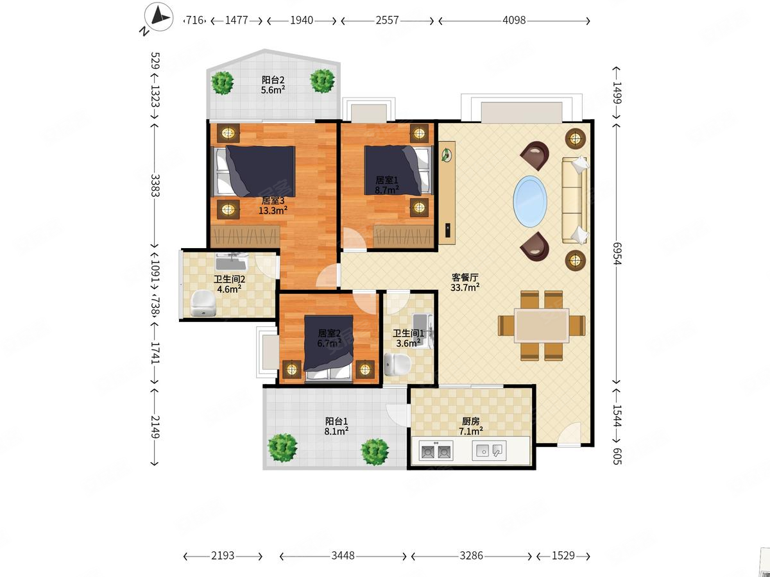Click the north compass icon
(159, 17)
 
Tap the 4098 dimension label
(514, 21)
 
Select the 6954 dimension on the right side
(617, 254)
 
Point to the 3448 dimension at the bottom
(343, 555)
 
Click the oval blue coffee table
(530, 201)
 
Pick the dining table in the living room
(542, 326)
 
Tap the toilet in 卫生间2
(203, 303)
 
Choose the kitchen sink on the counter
(490, 450)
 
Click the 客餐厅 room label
(465, 278)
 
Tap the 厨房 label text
(470, 421)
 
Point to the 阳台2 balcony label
(273, 80)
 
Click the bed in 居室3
(254, 171)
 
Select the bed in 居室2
(329, 347)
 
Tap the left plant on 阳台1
(282, 447)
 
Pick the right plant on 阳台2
(322, 81)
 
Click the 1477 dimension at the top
(236, 21)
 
